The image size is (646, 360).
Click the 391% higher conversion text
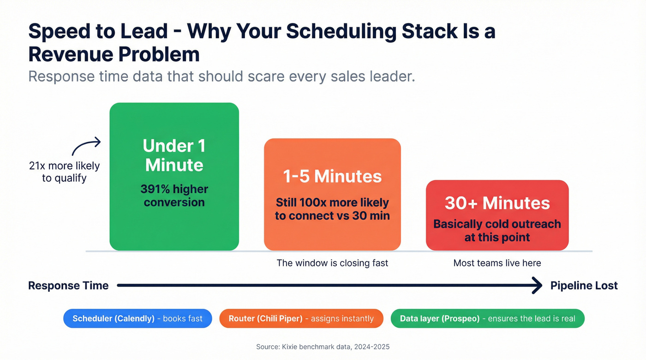coord(174,195)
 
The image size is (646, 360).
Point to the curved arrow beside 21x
coord(86,147)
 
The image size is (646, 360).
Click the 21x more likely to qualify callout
coord(64,171)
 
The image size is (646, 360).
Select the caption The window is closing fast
coord(332,263)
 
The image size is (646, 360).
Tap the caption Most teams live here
coord(497,263)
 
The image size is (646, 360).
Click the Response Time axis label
coord(68,285)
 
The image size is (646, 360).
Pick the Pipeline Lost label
coord(584,285)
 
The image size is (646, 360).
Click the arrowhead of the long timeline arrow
coord(538,285)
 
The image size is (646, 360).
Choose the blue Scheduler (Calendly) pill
coord(138,319)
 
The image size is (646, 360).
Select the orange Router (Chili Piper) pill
coord(301,319)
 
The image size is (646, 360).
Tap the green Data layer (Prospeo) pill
coord(487,319)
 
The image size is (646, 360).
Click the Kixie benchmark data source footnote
coord(323,347)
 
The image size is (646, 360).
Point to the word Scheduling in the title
coord(341,31)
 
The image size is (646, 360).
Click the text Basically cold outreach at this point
coord(497,230)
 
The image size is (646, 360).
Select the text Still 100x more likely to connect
coord(332,209)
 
